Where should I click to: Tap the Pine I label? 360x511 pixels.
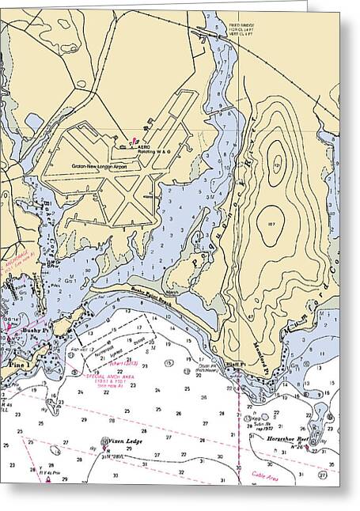click(14, 364)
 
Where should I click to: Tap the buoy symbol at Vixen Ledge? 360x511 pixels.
click(104, 444)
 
